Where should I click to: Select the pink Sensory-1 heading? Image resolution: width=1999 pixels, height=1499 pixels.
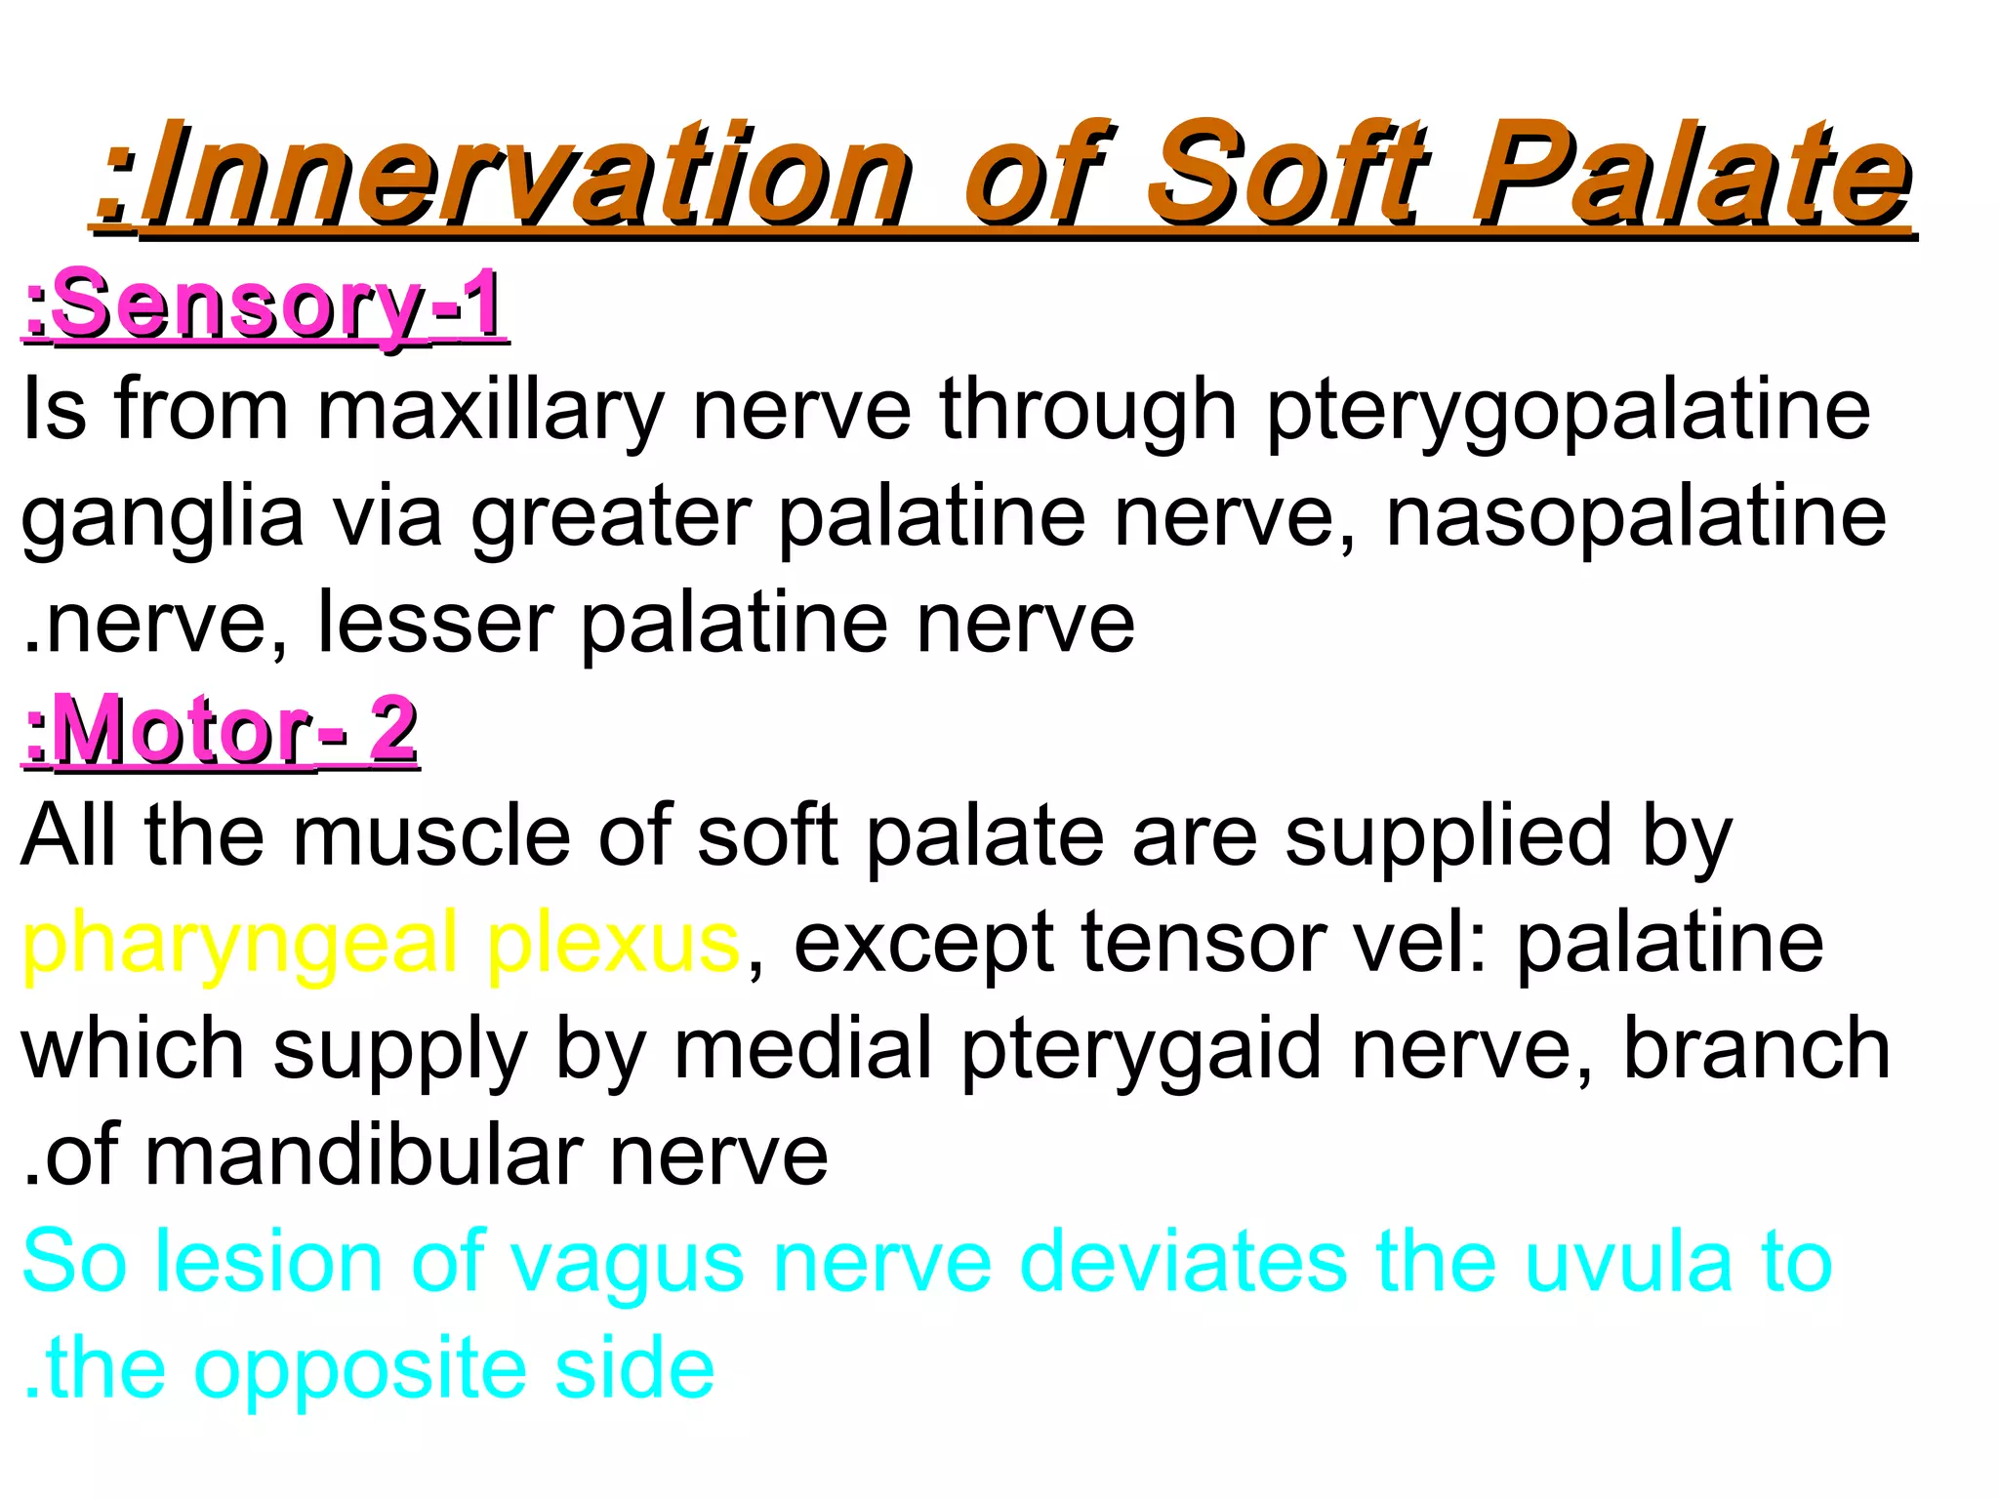[x=264, y=304]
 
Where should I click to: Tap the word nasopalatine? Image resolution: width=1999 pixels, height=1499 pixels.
[x=1636, y=517]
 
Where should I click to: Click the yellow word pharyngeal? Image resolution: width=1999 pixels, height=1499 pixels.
[x=240, y=945]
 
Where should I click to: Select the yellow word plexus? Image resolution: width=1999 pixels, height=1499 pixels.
[x=613, y=943]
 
